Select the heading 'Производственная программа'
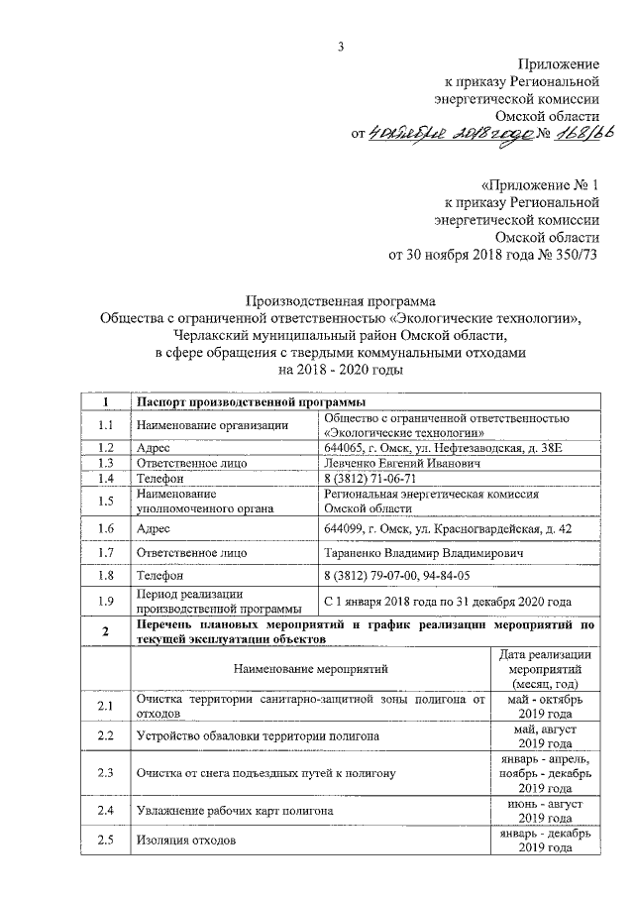[x=340, y=300]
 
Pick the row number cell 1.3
[x=106, y=463]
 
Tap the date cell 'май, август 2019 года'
[x=546, y=735]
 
